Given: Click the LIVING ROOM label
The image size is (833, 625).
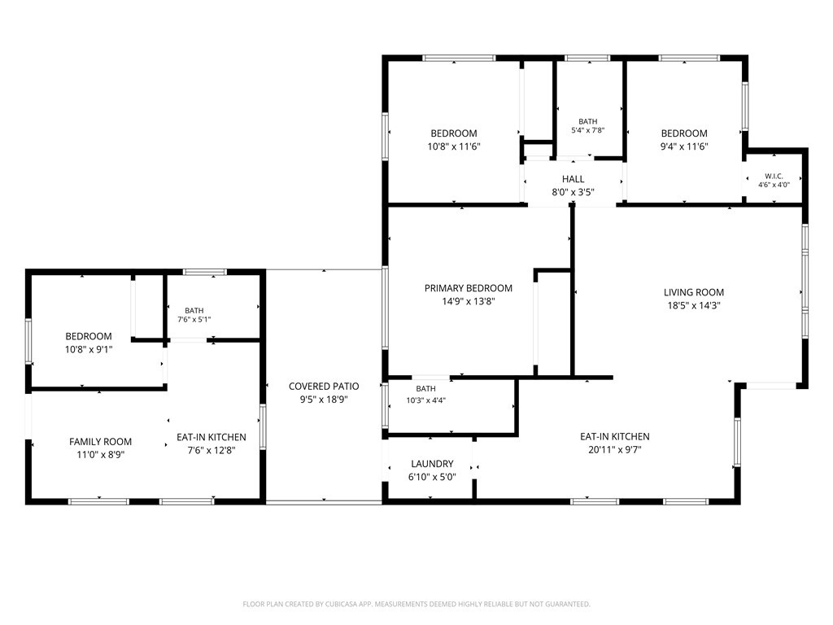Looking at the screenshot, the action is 693,292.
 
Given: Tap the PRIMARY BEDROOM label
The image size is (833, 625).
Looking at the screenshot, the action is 468,288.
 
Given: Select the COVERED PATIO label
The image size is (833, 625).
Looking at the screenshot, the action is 324,387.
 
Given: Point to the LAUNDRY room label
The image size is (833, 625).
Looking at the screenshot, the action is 432,464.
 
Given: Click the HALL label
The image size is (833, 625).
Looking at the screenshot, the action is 573,179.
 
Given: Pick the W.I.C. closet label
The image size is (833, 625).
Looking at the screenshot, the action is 774,176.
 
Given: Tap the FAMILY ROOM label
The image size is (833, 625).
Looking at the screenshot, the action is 100,442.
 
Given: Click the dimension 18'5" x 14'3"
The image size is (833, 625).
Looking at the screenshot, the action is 693,306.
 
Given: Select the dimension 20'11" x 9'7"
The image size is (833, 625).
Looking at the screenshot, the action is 615,449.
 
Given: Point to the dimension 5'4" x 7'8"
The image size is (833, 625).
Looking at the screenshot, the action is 587,130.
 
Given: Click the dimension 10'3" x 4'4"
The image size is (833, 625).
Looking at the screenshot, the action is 425,400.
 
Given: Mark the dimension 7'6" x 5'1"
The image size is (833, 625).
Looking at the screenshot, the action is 194,319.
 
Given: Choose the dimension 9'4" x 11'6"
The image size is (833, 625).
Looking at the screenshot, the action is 683,146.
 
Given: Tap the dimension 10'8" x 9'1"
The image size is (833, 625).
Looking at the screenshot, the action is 89,350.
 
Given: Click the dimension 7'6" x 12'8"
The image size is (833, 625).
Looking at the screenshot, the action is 212,451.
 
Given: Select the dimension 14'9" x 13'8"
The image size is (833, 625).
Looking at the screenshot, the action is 468,301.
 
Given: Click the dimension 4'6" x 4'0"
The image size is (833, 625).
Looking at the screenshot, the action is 774,185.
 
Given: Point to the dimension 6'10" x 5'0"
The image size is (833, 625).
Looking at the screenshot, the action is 432,477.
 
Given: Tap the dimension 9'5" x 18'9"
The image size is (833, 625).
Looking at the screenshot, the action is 324,400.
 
